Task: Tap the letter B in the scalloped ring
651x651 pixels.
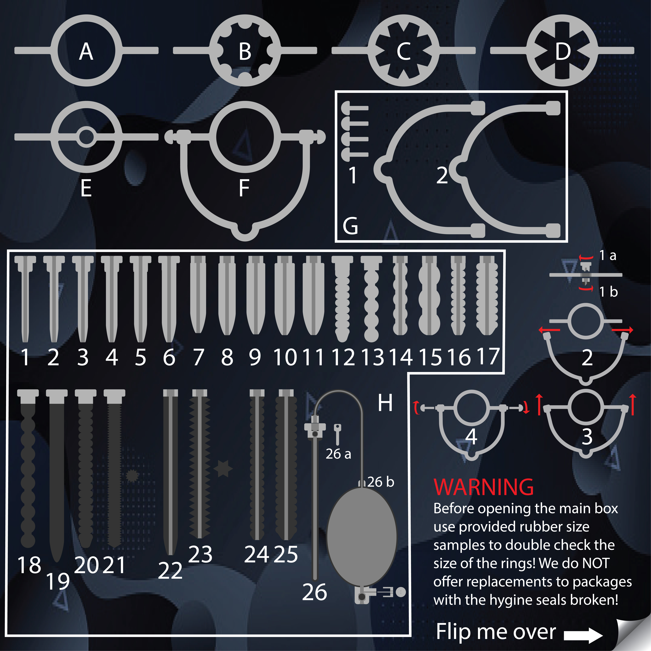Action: click(x=245, y=52)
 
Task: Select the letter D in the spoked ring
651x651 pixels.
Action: click(x=563, y=52)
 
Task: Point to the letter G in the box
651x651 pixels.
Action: click(x=350, y=226)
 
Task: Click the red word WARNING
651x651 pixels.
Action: click(x=484, y=487)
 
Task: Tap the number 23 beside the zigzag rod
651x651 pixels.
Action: click(x=201, y=554)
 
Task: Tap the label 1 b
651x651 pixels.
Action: click(x=609, y=292)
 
